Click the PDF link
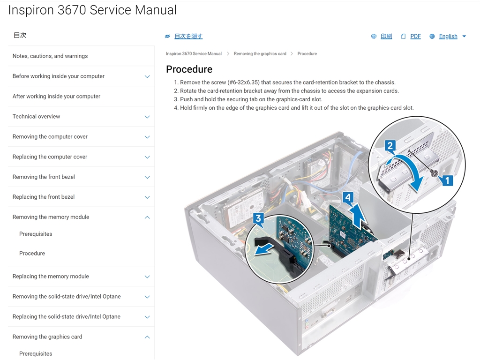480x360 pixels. [415, 37]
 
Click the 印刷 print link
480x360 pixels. [386, 37]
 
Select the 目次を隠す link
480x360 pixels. [188, 37]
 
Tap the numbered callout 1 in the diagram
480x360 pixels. [447, 180]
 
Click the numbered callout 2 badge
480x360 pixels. [390, 145]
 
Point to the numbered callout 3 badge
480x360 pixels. [258, 218]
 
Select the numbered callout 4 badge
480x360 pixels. [348, 197]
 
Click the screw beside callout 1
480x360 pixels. [435, 174]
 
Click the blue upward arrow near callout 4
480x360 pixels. [359, 216]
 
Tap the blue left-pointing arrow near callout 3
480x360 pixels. [264, 248]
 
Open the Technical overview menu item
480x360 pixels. [37, 117]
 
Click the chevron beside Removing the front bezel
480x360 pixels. [147, 177]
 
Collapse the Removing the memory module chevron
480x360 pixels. [147, 217]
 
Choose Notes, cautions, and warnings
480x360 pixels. [50, 56]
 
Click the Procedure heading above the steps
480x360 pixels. [189, 69]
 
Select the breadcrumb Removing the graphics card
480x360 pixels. [260, 53]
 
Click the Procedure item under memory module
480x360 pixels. [32, 254]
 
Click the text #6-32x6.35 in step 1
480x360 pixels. [243, 82]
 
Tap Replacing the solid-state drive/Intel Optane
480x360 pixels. [67, 317]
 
